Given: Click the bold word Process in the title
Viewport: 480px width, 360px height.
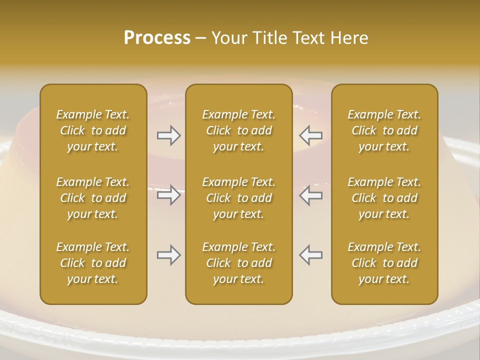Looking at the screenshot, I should [x=157, y=37].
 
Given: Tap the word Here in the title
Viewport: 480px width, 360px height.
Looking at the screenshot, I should [x=348, y=37].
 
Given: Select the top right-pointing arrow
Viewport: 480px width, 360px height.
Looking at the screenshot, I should [x=168, y=135].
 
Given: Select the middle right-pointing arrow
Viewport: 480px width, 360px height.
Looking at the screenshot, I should [x=168, y=195].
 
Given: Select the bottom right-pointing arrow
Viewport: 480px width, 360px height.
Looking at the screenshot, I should [x=168, y=255].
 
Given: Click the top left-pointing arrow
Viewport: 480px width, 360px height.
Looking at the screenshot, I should [x=310, y=135].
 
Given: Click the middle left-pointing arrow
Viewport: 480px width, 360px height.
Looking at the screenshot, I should [x=310, y=195].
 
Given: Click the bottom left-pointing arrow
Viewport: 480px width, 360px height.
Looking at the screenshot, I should [x=310, y=255].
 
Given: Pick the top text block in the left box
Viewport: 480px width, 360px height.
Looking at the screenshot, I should [x=93, y=130].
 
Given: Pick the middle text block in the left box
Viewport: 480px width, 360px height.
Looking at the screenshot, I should [x=93, y=198].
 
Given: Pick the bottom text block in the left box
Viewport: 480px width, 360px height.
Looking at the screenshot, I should [x=93, y=263].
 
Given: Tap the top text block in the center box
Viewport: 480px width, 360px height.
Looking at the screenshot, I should [x=239, y=130].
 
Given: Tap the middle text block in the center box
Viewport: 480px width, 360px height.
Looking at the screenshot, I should [x=239, y=198].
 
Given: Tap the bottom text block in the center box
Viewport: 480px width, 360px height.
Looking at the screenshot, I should [x=239, y=263].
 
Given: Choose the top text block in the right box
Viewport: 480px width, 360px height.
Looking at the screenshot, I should [x=384, y=130].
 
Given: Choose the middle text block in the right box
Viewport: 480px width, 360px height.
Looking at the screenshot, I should [x=384, y=198].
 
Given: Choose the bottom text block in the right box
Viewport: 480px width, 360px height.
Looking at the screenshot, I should [x=384, y=263].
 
